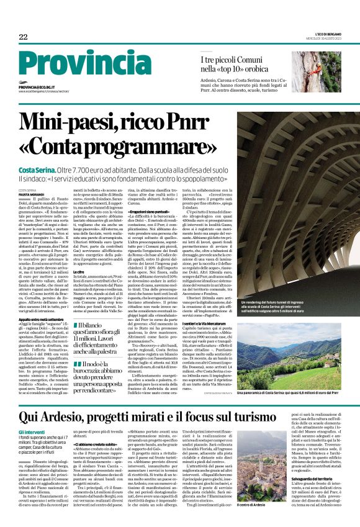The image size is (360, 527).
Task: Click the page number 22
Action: [x=23, y=38]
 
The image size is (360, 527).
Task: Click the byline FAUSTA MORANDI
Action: [x=32, y=196]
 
